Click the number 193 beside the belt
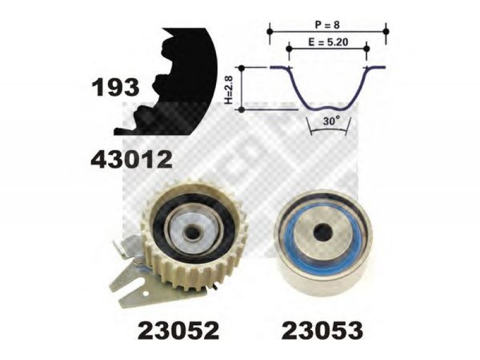115,87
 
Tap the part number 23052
178,331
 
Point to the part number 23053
322,331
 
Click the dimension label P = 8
327,25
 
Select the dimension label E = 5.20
328,42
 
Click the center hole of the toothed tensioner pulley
192,233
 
